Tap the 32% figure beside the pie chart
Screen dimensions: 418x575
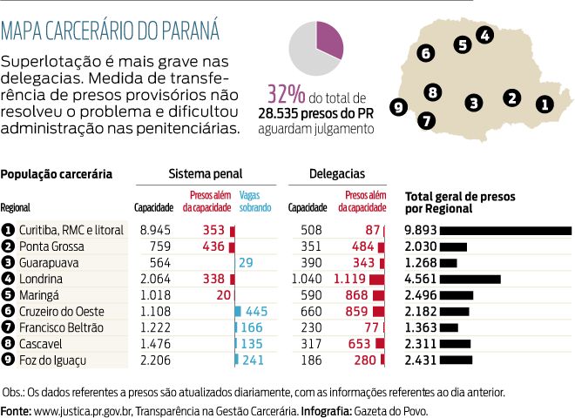(286, 95)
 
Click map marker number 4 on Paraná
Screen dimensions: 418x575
(485, 35)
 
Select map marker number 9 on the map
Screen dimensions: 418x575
(400, 107)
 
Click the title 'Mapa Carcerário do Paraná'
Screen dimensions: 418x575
(110, 32)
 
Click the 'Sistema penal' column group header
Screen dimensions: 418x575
(205, 174)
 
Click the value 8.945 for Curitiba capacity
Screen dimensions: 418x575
(156, 230)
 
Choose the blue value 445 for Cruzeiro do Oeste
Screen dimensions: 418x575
(256, 311)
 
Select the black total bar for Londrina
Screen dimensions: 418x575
(470, 279)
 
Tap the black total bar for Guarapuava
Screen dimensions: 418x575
(448, 263)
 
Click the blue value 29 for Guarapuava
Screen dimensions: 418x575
(246, 263)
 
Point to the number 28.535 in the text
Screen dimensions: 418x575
(286, 112)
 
